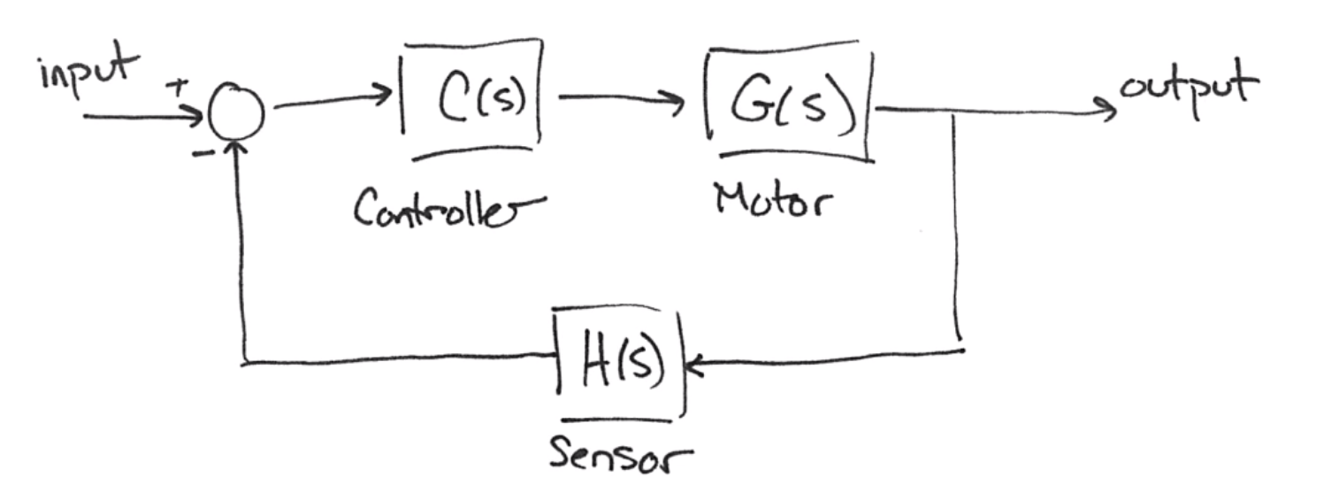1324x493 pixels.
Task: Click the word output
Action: [1188, 89]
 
